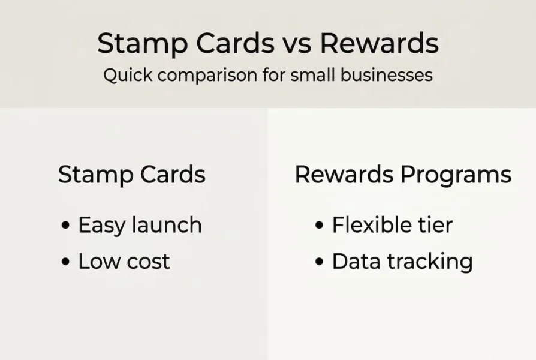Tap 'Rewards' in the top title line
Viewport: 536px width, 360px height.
(379, 43)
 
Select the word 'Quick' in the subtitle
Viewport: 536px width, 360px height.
(128, 75)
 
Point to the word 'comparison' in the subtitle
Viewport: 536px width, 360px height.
(207, 75)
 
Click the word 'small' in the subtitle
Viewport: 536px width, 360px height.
(312, 74)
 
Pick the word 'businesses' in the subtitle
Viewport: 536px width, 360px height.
(387, 74)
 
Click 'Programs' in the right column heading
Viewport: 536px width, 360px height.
(456, 175)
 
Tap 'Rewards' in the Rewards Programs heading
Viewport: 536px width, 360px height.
(344, 174)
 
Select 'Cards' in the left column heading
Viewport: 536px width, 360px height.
(173, 174)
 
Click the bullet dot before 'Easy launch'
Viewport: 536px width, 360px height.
(65, 225)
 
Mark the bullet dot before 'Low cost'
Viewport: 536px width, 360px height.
(65, 262)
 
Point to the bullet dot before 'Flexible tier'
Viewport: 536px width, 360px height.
(320, 225)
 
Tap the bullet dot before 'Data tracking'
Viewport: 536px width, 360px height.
(320, 262)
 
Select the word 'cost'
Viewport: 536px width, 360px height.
(148, 262)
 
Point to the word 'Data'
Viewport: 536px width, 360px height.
(357, 262)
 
